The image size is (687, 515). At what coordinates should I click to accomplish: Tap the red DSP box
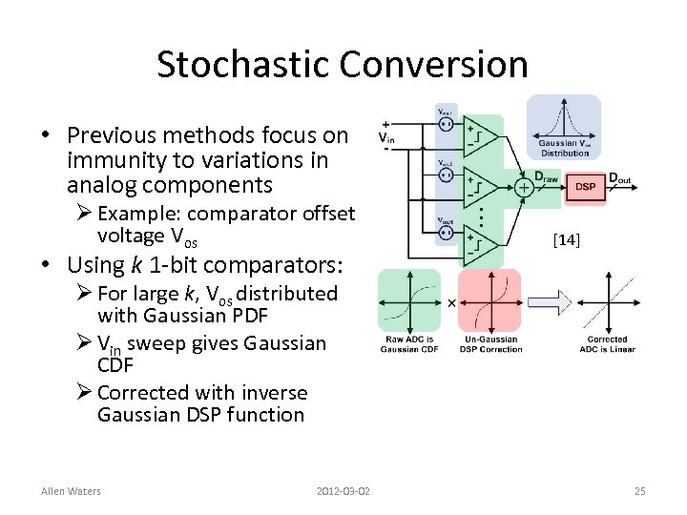[585, 187]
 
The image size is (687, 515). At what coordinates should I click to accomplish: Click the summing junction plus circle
[523, 187]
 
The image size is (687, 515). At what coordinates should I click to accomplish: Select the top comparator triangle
[481, 136]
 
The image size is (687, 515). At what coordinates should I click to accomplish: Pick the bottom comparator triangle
[481, 244]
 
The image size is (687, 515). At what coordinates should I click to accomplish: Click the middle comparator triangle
[481, 187]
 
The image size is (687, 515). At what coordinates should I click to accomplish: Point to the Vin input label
[386, 139]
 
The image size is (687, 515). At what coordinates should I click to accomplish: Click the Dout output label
[619, 177]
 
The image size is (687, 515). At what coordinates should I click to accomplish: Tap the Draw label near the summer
[546, 176]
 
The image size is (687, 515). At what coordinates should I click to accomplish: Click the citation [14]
[566, 242]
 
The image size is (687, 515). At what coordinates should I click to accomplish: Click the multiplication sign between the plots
[451, 302]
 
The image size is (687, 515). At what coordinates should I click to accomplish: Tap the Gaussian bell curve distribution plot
[564, 124]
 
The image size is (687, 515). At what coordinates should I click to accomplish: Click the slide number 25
[639, 491]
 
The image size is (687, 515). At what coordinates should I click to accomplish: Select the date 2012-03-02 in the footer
[343, 491]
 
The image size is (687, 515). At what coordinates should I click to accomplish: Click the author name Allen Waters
[71, 491]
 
